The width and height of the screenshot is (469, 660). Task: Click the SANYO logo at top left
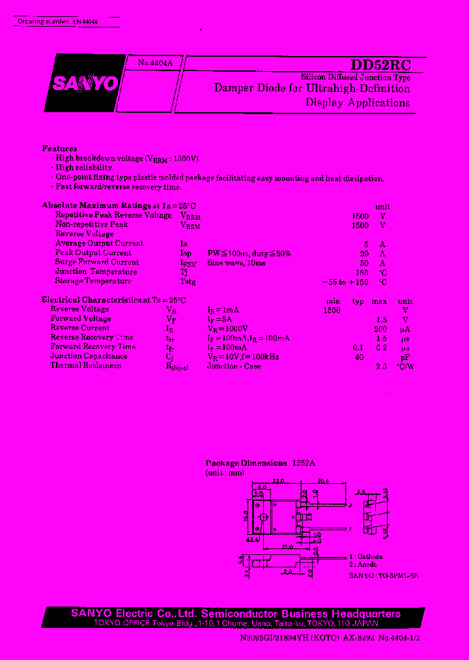tap(85, 83)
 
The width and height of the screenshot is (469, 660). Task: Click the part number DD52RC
tap(381, 65)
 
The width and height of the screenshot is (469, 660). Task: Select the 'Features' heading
tap(59, 149)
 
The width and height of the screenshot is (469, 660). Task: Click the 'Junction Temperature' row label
tap(96, 272)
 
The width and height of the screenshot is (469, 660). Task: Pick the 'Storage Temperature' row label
tap(93, 281)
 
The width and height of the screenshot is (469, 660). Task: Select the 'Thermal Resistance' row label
tap(85, 365)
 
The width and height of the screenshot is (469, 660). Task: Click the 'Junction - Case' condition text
tap(234, 366)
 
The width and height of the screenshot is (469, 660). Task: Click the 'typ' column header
tap(358, 301)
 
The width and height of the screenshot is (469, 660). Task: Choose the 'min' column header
tap(333, 301)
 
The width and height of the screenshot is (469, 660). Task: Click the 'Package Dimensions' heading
tap(246, 462)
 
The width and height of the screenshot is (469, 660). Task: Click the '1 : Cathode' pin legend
tap(365, 557)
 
